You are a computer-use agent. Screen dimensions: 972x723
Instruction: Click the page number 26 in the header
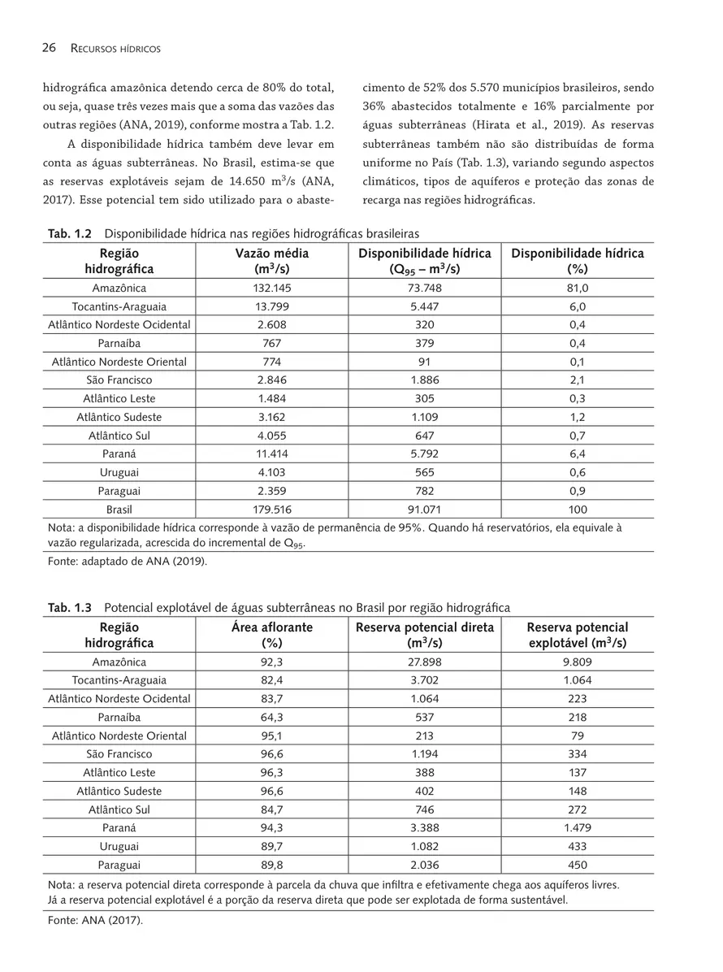[x=48, y=49]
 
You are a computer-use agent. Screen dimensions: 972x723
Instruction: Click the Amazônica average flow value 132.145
[x=271, y=289]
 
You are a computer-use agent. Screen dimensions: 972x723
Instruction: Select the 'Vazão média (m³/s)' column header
[x=271, y=261]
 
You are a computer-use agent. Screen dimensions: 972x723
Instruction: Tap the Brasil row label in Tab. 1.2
[x=119, y=510]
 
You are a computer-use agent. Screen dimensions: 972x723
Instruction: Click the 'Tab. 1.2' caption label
[x=69, y=234]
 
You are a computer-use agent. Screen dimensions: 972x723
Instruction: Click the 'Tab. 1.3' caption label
[x=70, y=608]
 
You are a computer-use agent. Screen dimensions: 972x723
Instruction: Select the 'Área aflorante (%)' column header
[x=271, y=635]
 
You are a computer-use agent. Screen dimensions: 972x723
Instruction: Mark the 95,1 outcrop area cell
[x=271, y=736]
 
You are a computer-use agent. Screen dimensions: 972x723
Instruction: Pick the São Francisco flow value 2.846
[x=271, y=380]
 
